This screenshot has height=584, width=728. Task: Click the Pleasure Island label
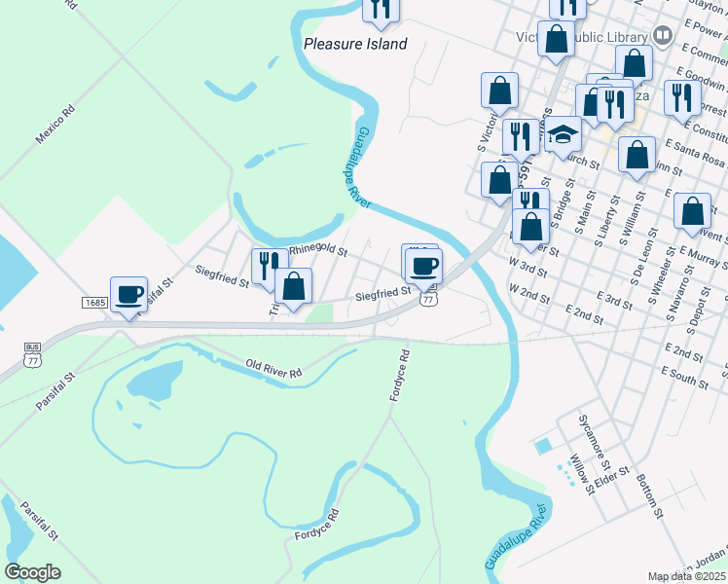(355, 44)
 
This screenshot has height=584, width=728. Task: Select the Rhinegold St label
(317, 249)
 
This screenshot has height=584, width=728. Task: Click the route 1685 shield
(94, 303)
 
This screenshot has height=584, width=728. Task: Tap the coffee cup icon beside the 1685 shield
(129, 294)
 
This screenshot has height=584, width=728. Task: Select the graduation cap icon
(563, 133)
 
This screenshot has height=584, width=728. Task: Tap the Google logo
(33, 572)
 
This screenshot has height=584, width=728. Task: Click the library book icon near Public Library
(663, 36)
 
